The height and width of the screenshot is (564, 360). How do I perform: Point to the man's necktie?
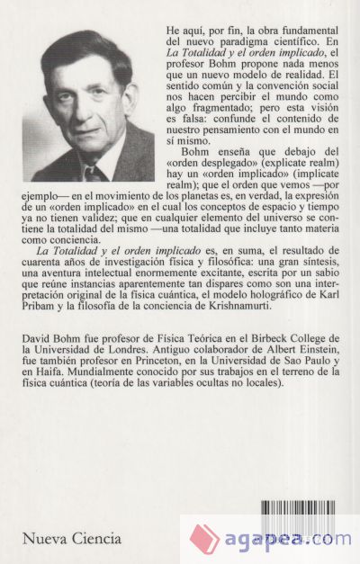coord(94,172)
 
